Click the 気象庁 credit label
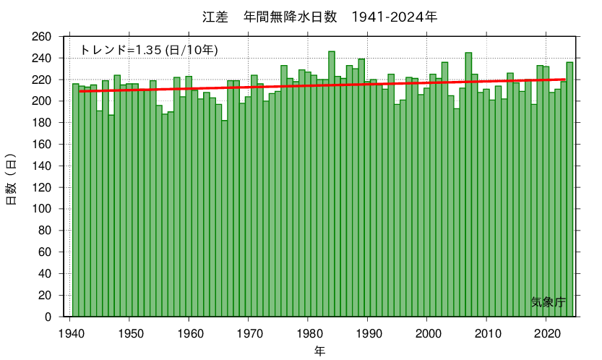pos(547,302)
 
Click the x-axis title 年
pos(320,351)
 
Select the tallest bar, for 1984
pos(332,184)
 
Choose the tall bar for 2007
pos(468,184)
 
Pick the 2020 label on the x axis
pos(546,333)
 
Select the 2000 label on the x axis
pos(427,333)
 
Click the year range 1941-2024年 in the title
pos(394,16)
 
